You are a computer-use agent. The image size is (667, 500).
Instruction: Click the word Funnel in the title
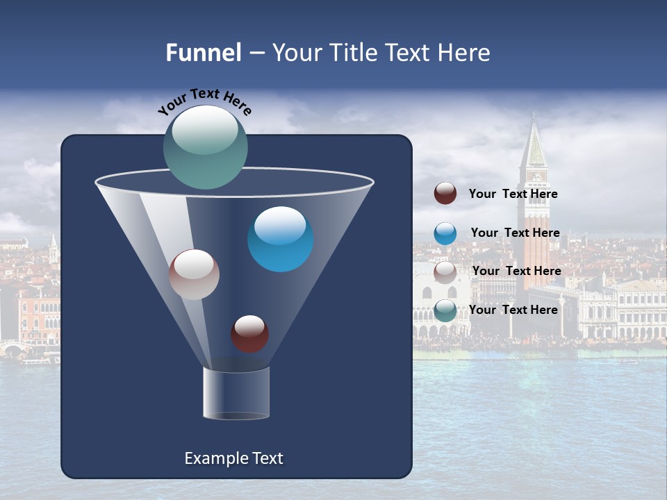pos(203,53)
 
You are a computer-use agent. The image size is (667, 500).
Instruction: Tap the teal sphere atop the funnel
pos(206,147)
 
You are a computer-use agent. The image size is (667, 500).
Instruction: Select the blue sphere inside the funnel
pos(280,239)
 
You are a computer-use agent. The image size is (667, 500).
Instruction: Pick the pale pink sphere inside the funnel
pos(194,274)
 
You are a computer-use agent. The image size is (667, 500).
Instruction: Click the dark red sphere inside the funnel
pos(249,333)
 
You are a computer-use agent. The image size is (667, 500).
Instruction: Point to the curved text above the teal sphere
pos(205,102)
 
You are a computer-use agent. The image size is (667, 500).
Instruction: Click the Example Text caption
pos(233,458)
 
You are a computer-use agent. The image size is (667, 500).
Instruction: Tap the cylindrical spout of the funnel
pos(236,393)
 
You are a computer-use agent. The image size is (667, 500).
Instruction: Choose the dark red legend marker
pos(445,194)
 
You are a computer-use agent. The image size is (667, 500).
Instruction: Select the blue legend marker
pos(445,233)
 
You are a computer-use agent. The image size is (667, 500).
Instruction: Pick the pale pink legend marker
pos(445,272)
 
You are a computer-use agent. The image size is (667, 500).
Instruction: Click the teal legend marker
pos(445,310)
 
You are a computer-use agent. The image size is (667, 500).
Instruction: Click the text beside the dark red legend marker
pos(513,194)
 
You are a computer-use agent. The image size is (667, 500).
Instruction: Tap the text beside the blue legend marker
pos(515,233)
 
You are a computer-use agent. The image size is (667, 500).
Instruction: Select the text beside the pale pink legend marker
pos(516,271)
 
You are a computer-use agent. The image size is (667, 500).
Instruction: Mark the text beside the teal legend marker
pos(513,310)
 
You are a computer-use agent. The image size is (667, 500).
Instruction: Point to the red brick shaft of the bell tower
pos(536,236)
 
